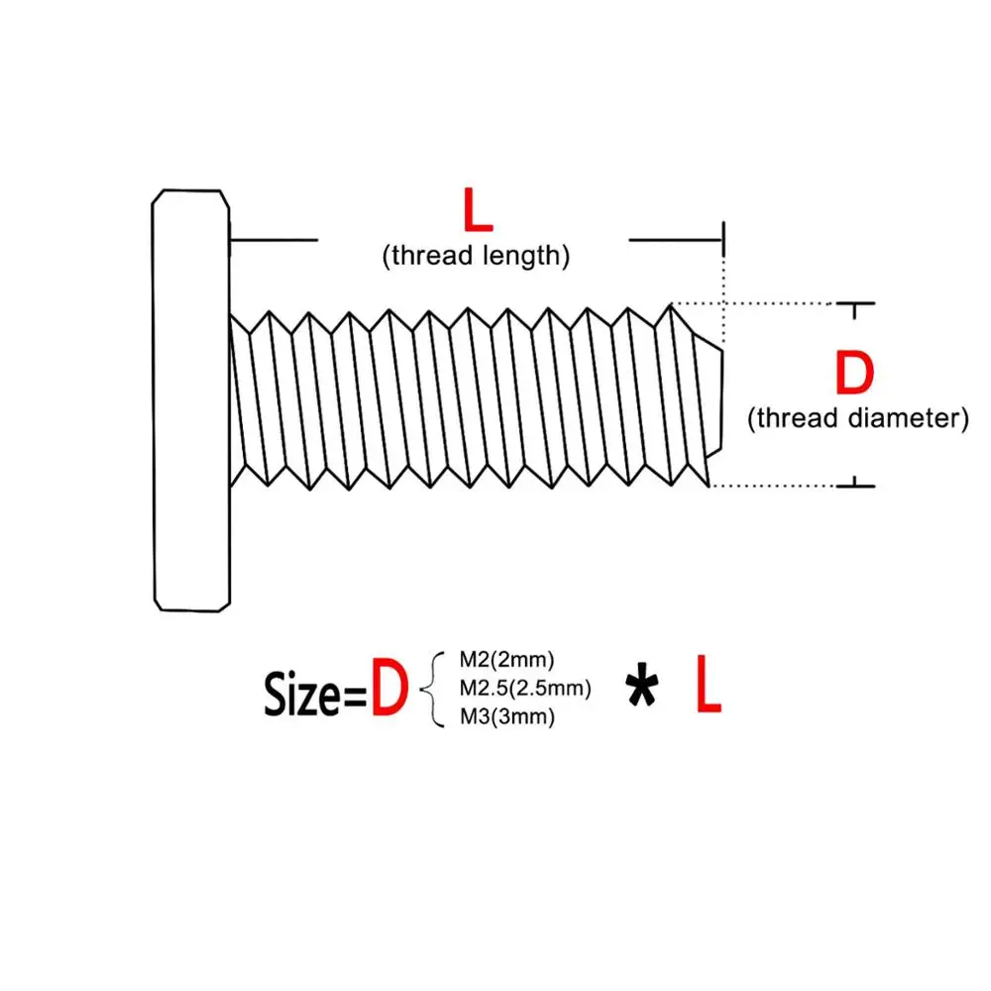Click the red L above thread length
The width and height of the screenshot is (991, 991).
(x=478, y=210)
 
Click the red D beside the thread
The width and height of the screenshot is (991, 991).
(x=854, y=373)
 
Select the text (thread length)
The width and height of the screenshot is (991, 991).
(x=476, y=256)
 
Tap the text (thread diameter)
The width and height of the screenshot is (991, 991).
(x=857, y=418)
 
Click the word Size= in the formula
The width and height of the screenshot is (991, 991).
(x=315, y=695)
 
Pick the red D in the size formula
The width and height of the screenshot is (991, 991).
(x=388, y=687)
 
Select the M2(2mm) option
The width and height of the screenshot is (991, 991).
(x=506, y=660)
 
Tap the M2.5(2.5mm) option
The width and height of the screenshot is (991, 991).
(x=525, y=689)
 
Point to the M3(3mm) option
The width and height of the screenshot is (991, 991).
(x=506, y=716)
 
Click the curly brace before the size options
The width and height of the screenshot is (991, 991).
(x=432, y=690)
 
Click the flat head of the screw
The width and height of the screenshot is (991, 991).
(x=191, y=400)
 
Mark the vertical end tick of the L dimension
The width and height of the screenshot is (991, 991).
(x=723, y=239)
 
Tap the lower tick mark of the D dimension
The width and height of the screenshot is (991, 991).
(x=855, y=484)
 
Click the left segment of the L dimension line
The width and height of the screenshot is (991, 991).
(x=274, y=240)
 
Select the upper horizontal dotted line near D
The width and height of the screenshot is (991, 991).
(x=753, y=304)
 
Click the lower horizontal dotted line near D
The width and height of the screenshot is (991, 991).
(x=772, y=486)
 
